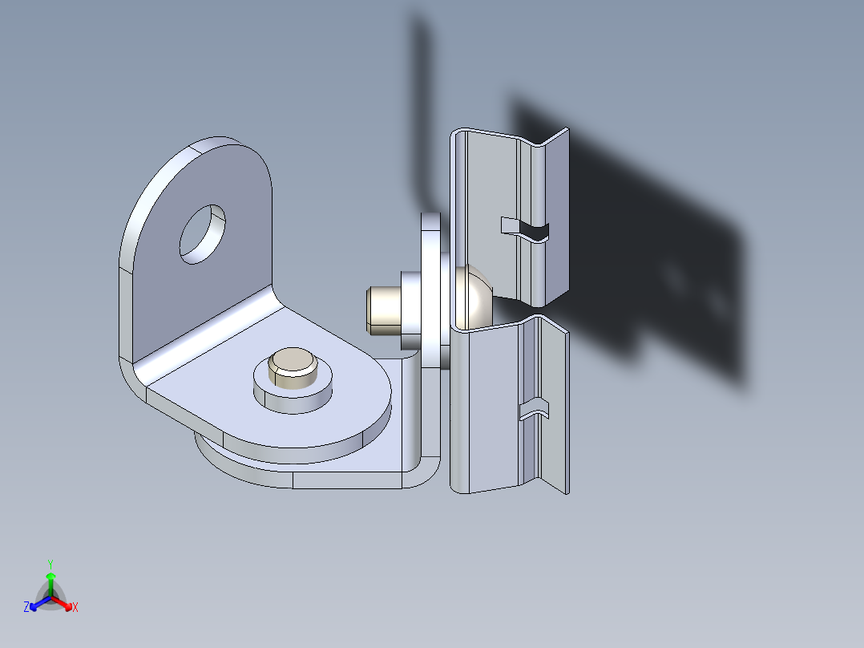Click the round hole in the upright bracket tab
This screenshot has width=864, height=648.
pos(202,233)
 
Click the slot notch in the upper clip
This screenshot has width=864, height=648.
pos(526,228)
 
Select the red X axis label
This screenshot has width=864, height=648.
pos(75,608)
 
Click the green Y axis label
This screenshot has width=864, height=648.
pos(50,563)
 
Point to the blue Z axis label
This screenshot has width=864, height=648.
pos(26,608)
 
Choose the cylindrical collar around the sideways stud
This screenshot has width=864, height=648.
pos(409,309)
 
